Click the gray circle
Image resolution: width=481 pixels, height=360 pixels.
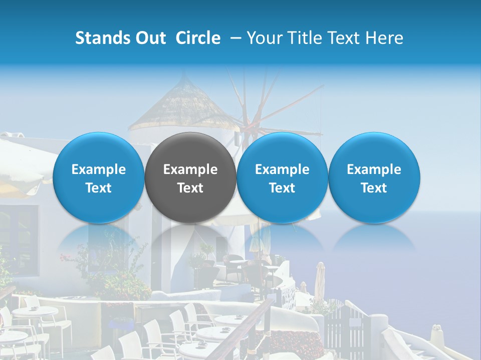pyautogui.click(x=190, y=177)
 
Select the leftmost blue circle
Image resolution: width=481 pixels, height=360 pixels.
pyautogui.click(x=98, y=177)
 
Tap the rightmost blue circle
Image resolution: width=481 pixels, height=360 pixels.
pyautogui.click(x=374, y=177)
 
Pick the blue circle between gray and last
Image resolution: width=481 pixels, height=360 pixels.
pyautogui.click(x=282, y=177)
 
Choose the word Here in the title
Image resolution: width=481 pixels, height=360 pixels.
pyautogui.click(x=384, y=38)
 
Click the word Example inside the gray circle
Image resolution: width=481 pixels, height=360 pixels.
pyautogui.click(x=190, y=169)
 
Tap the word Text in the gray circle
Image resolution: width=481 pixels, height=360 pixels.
pyautogui.click(x=190, y=188)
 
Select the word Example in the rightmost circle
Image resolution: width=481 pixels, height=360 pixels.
pyautogui.click(x=374, y=169)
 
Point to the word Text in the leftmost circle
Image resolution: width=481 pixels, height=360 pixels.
pyautogui.click(x=98, y=188)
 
